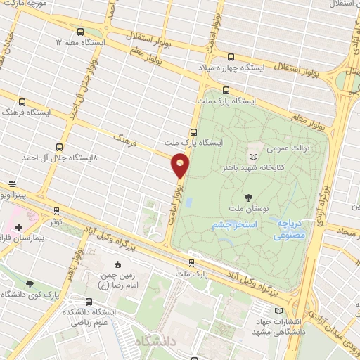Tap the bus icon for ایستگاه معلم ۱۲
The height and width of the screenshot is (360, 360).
pos(80,32)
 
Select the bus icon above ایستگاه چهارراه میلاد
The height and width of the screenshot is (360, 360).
pos(231,57)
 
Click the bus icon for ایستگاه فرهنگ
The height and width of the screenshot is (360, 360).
pos(22,102)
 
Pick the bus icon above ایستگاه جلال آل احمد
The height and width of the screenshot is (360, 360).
pos(58,148)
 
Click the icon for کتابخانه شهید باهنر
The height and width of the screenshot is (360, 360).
pos(255,150)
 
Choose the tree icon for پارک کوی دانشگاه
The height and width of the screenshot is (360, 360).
pos(29,283)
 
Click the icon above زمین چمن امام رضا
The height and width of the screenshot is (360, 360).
pos(117,264)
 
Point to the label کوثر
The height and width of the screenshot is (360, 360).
pos(56,221)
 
